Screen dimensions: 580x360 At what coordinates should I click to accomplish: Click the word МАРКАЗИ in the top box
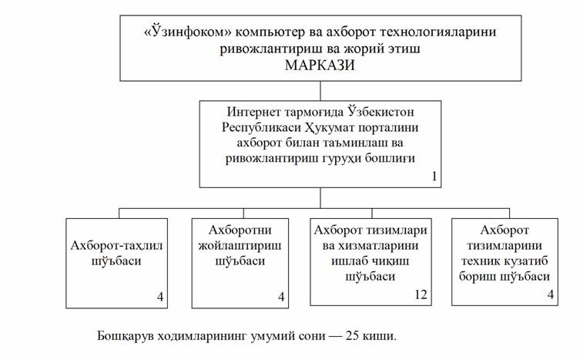(x=320, y=66)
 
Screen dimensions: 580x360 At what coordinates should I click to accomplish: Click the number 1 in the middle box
(x=434, y=177)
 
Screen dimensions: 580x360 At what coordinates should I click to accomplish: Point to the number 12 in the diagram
(x=421, y=294)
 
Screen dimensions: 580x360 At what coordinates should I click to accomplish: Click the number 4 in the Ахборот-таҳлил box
(x=159, y=297)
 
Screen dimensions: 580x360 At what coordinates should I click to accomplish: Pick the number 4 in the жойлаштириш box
(x=281, y=297)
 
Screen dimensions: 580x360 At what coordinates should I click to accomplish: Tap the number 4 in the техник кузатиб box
(x=551, y=294)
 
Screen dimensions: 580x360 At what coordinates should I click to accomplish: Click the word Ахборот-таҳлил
(x=116, y=246)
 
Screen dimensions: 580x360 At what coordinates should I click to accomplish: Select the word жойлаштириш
(x=240, y=246)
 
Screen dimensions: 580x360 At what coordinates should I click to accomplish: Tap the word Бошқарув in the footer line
(x=124, y=336)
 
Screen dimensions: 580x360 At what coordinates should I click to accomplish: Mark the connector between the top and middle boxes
(x=320, y=91)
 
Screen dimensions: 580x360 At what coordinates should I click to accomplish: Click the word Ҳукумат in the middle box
(x=329, y=127)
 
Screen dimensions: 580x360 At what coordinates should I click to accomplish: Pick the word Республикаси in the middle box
(x=261, y=128)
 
